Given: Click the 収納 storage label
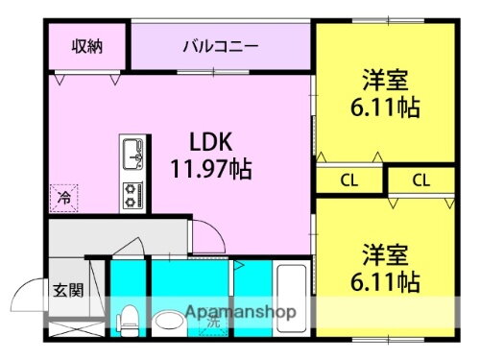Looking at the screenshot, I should click(x=86, y=45).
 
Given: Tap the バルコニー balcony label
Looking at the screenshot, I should click(x=220, y=45).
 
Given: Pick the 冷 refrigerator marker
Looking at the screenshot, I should click(x=64, y=198).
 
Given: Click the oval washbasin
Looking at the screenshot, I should click(x=169, y=321).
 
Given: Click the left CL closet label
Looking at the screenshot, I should click(x=350, y=179).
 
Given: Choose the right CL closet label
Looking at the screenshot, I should click(x=420, y=179).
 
